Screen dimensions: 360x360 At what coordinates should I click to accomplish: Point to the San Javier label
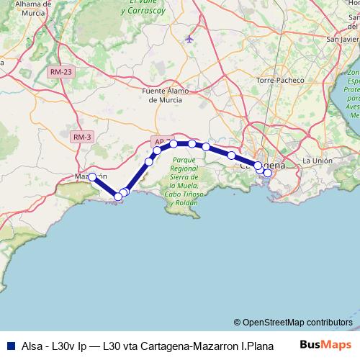[343, 40]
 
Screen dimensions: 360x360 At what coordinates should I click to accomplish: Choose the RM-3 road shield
[82, 137]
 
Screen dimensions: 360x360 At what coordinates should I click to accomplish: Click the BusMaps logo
[325, 345]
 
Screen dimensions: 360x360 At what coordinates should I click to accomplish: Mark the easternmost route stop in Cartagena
[268, 173]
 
